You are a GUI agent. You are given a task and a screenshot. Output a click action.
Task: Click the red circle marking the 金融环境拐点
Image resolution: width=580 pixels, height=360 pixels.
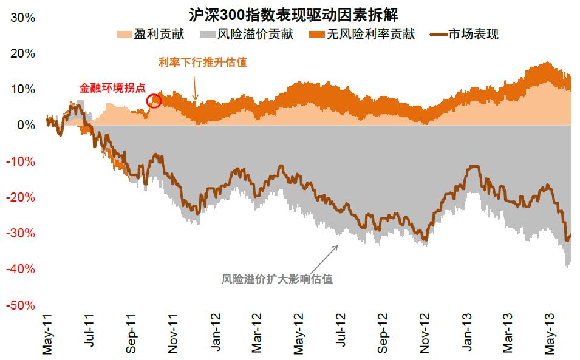[154, 101]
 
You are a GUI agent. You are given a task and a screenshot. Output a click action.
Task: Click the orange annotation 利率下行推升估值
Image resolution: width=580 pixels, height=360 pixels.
[203, 63]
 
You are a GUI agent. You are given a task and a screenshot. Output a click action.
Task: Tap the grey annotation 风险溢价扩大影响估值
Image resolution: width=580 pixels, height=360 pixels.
[277, 279]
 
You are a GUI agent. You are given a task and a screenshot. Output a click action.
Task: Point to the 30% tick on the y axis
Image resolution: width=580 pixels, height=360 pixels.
[23, 18]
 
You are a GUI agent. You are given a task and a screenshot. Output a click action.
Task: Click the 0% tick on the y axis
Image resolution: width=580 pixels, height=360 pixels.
[26, 126]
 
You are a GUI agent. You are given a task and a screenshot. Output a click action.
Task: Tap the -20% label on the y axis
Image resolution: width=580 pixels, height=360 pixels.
[21, 197]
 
